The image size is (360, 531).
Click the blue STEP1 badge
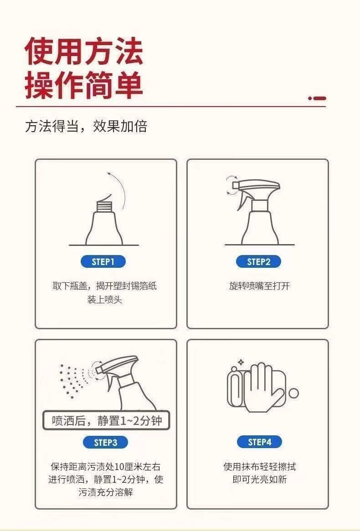tap(103, 261)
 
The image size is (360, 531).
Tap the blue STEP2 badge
tap(259, 261)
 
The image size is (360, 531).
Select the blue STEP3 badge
tap(105, 442)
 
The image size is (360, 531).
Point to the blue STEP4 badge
tap(259, 442)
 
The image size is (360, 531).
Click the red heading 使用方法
tap(84, 51)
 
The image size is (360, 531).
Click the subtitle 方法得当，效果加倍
tap(86, 126)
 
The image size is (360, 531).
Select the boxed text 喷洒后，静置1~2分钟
tap(107, 421)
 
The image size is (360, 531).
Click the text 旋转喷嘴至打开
tap(259, 286)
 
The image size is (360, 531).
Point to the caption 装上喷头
tap(104, 299)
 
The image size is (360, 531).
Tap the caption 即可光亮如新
tap(260, 479)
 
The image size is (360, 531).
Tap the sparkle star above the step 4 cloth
tap(241, 362)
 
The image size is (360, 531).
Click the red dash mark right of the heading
tap(317, 98)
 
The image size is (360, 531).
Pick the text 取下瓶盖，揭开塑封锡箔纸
tap(104, 286)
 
